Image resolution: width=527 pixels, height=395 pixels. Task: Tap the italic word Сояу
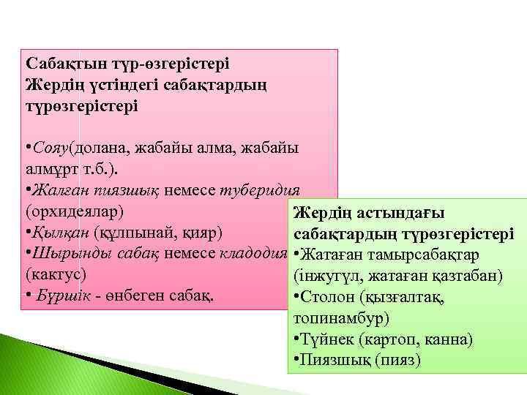pyautogui.click(x=48, y=148)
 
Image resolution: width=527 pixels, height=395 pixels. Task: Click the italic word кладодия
pyautogui.click(x=252, y=255)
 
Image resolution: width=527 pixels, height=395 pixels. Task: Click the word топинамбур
pyautogui.click(x=340, y=319)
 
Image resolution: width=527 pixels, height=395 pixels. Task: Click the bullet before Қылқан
pyautogui.click(x=27, y=233)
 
